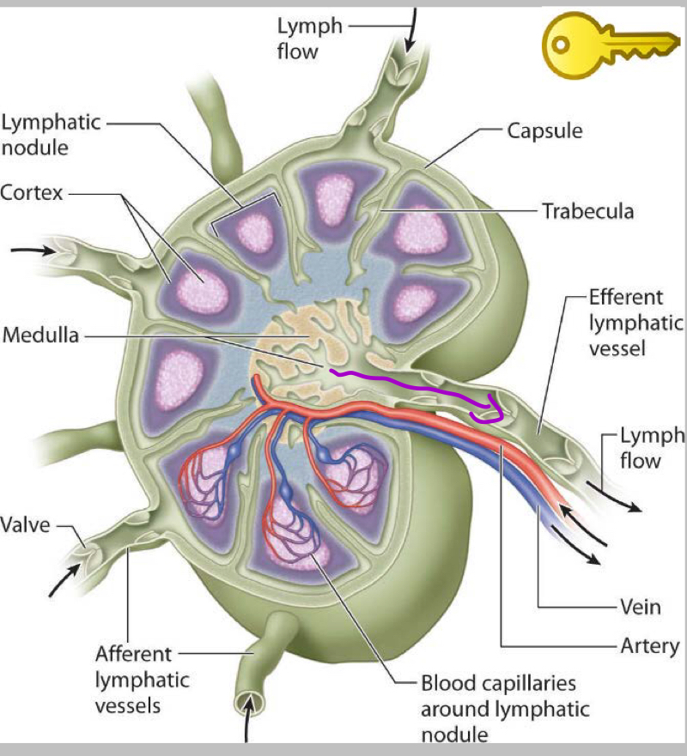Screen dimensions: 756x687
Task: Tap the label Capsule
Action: coord(544,131)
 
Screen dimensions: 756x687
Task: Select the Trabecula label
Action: coord(587,210)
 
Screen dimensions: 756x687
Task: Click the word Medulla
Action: coord(40,335)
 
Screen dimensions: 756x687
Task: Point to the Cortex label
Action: coord(32,193)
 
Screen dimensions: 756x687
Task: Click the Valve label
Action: coord(25,523)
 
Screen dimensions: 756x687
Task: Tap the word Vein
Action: coord(640,607)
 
